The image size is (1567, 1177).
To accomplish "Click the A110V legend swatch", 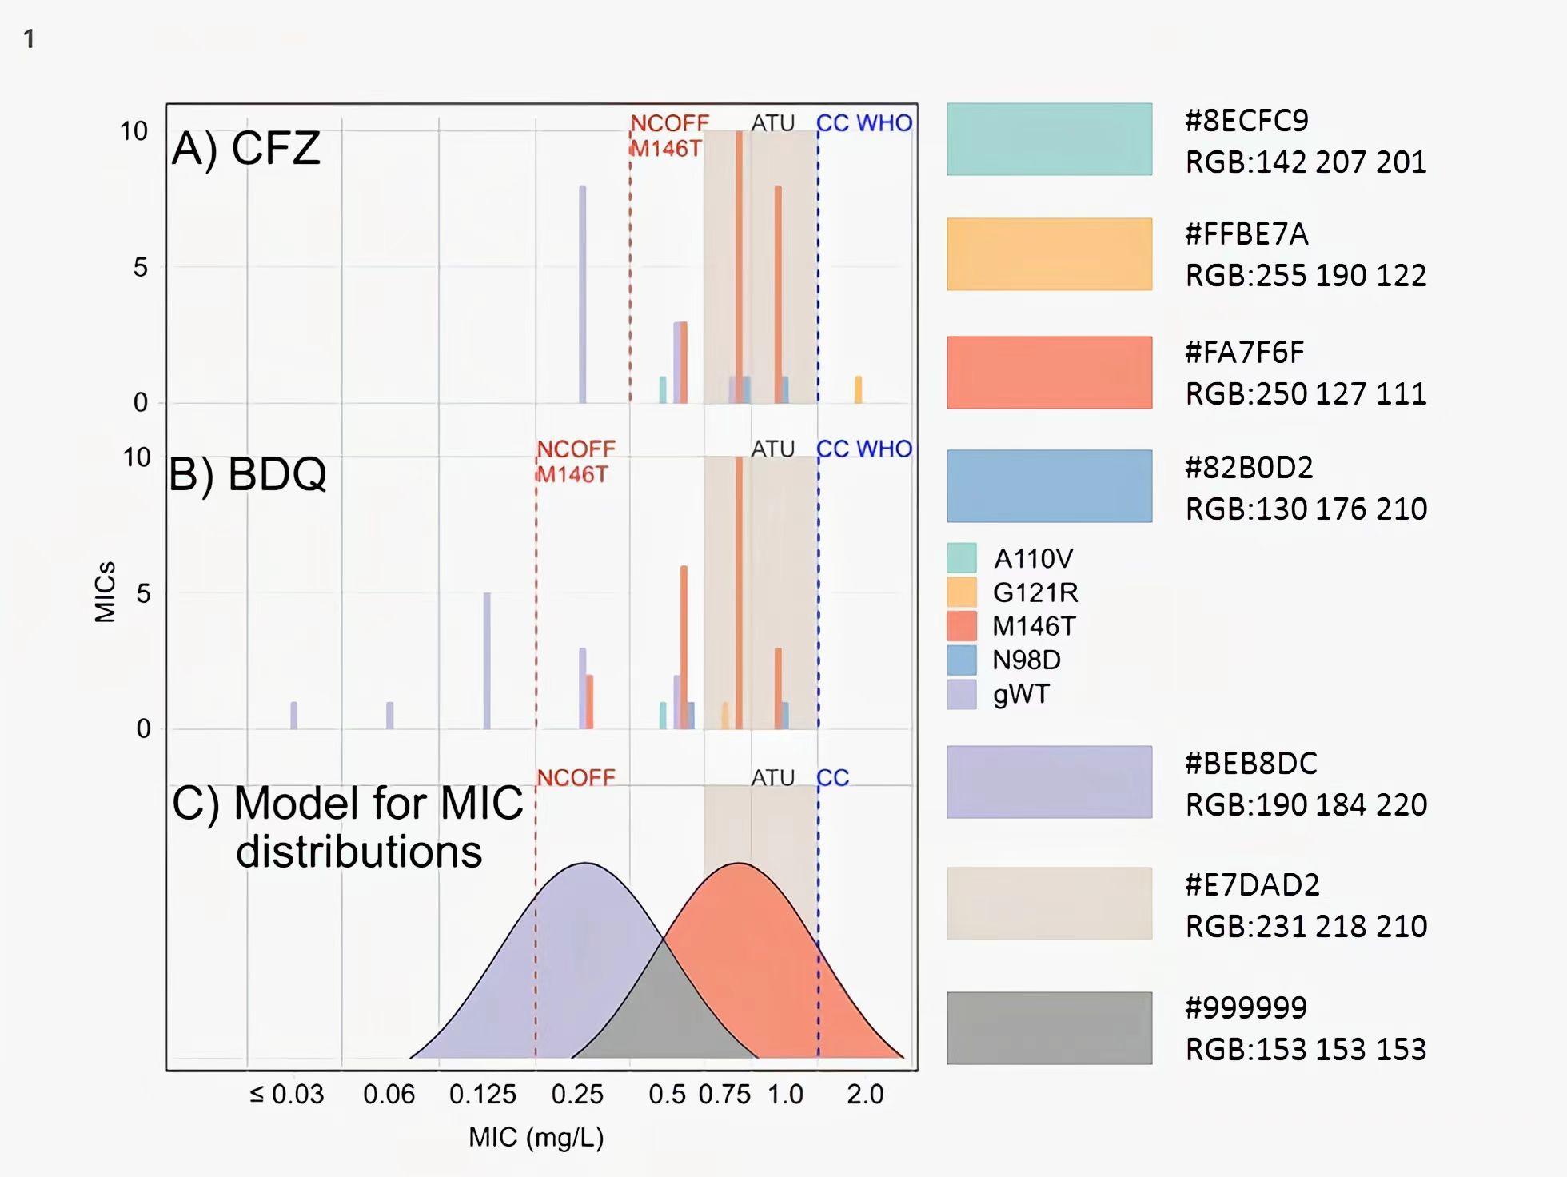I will pyautogui.click(x=962, y=557).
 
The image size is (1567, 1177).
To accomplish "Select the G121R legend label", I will pyautogui.click(x=1035, y=592).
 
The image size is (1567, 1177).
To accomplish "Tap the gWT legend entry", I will pyautogui.click(x=1020, y=694).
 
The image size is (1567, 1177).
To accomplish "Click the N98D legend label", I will pyautogui.click(x=1026, y=660).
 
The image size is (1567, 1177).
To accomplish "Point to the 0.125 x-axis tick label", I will pyautogui.click(x=483, y=1094).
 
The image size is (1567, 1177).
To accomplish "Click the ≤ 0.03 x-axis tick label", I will pyautogui.click(x=287, y=1094).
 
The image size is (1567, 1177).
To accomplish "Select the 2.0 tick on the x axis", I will pyautogui.click(x=865, y=1094).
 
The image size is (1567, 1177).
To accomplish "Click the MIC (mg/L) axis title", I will pyautogui.click(x=536, y=1137).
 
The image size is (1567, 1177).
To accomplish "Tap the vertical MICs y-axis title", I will pyautogui.click(x=106, y=592).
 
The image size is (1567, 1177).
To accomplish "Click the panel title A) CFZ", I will pyautogui.click(x=246, y=149).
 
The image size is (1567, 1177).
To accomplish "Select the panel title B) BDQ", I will pyautogui.click(x=248, y=474).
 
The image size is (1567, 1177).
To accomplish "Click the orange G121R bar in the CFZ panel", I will pyautogui.click(x=858, y=389).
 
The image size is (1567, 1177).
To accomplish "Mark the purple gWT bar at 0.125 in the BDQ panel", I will pyautogui.click(x=487, y=660).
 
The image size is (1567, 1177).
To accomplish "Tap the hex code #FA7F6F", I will pyautogui.click(x=1244, y=352).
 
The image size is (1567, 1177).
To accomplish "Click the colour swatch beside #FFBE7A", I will pyautogui.click(x=1049, y=254).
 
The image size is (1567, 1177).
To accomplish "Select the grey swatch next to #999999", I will pyautogui.click(x=1049, y=1028).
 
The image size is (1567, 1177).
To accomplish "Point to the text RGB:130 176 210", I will pyautogui.click(x=1306, y=509).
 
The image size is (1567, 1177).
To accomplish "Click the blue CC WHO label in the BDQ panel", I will pyautogui.click(x=863, y=449).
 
